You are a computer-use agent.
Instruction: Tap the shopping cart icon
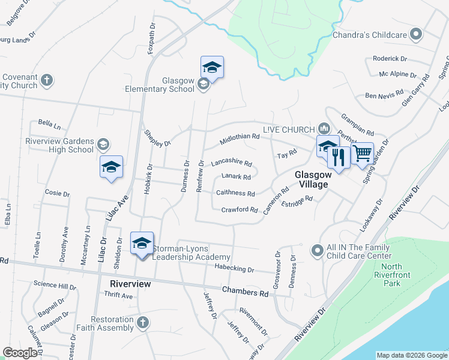tap(363, 153)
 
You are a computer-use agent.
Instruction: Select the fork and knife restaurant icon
tap(339, 157)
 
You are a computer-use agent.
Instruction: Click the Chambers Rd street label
tap(245, 293)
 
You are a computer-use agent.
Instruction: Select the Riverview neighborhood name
tap(130, 284)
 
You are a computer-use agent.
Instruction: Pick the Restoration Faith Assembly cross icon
tap(142, 323)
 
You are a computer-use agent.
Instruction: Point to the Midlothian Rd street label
tap(240, 137)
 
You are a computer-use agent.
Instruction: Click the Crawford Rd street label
tap(239, 210)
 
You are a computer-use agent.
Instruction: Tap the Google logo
tap(20, 353)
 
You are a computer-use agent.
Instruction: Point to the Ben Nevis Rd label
tap(382, 95)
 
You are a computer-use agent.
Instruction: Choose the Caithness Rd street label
tap(235, 194)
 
